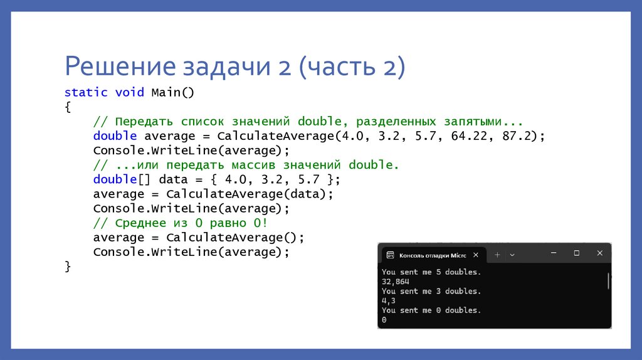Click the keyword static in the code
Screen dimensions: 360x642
pyautogui.click(x=86, y=92)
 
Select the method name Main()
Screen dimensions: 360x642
pyautogui.click(x=173, y=92)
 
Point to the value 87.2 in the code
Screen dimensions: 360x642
pyautogui.click(x=519, y=135)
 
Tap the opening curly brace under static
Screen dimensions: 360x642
pyautogui.click(x=68, y=107)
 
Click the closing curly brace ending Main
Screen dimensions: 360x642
pyautogui.click(x=68, y=267)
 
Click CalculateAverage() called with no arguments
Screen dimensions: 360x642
pyautogui.click(x=235, y=238)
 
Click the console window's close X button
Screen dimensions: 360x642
pyautogui.click(x=599, y=253)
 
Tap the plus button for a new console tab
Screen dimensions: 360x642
pyautogui.click(x=497, y=255)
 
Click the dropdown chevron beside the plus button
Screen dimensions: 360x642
pyautogui.click(x=512, y=255)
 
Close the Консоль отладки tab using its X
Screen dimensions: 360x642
pyautogui.click(x=476, y=255)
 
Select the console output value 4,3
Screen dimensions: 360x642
pyautogui.click(x=389, y=300)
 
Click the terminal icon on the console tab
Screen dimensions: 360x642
pyautogui.click(x=391, y=255)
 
